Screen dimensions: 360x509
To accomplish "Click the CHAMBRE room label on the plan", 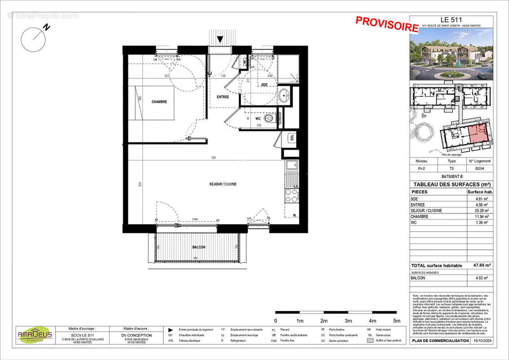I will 159,102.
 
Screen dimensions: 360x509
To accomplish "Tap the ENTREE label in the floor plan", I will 223,97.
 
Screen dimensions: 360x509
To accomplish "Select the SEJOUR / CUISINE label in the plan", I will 223,184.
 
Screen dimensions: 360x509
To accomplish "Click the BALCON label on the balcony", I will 199,247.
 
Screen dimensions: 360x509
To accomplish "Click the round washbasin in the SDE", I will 284,95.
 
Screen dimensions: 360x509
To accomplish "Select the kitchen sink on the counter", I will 292,165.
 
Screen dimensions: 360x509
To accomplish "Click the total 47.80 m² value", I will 480,265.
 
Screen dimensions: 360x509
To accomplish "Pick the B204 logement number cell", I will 480,169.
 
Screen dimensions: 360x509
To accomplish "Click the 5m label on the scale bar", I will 397,321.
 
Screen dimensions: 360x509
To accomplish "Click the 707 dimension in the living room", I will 214,158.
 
